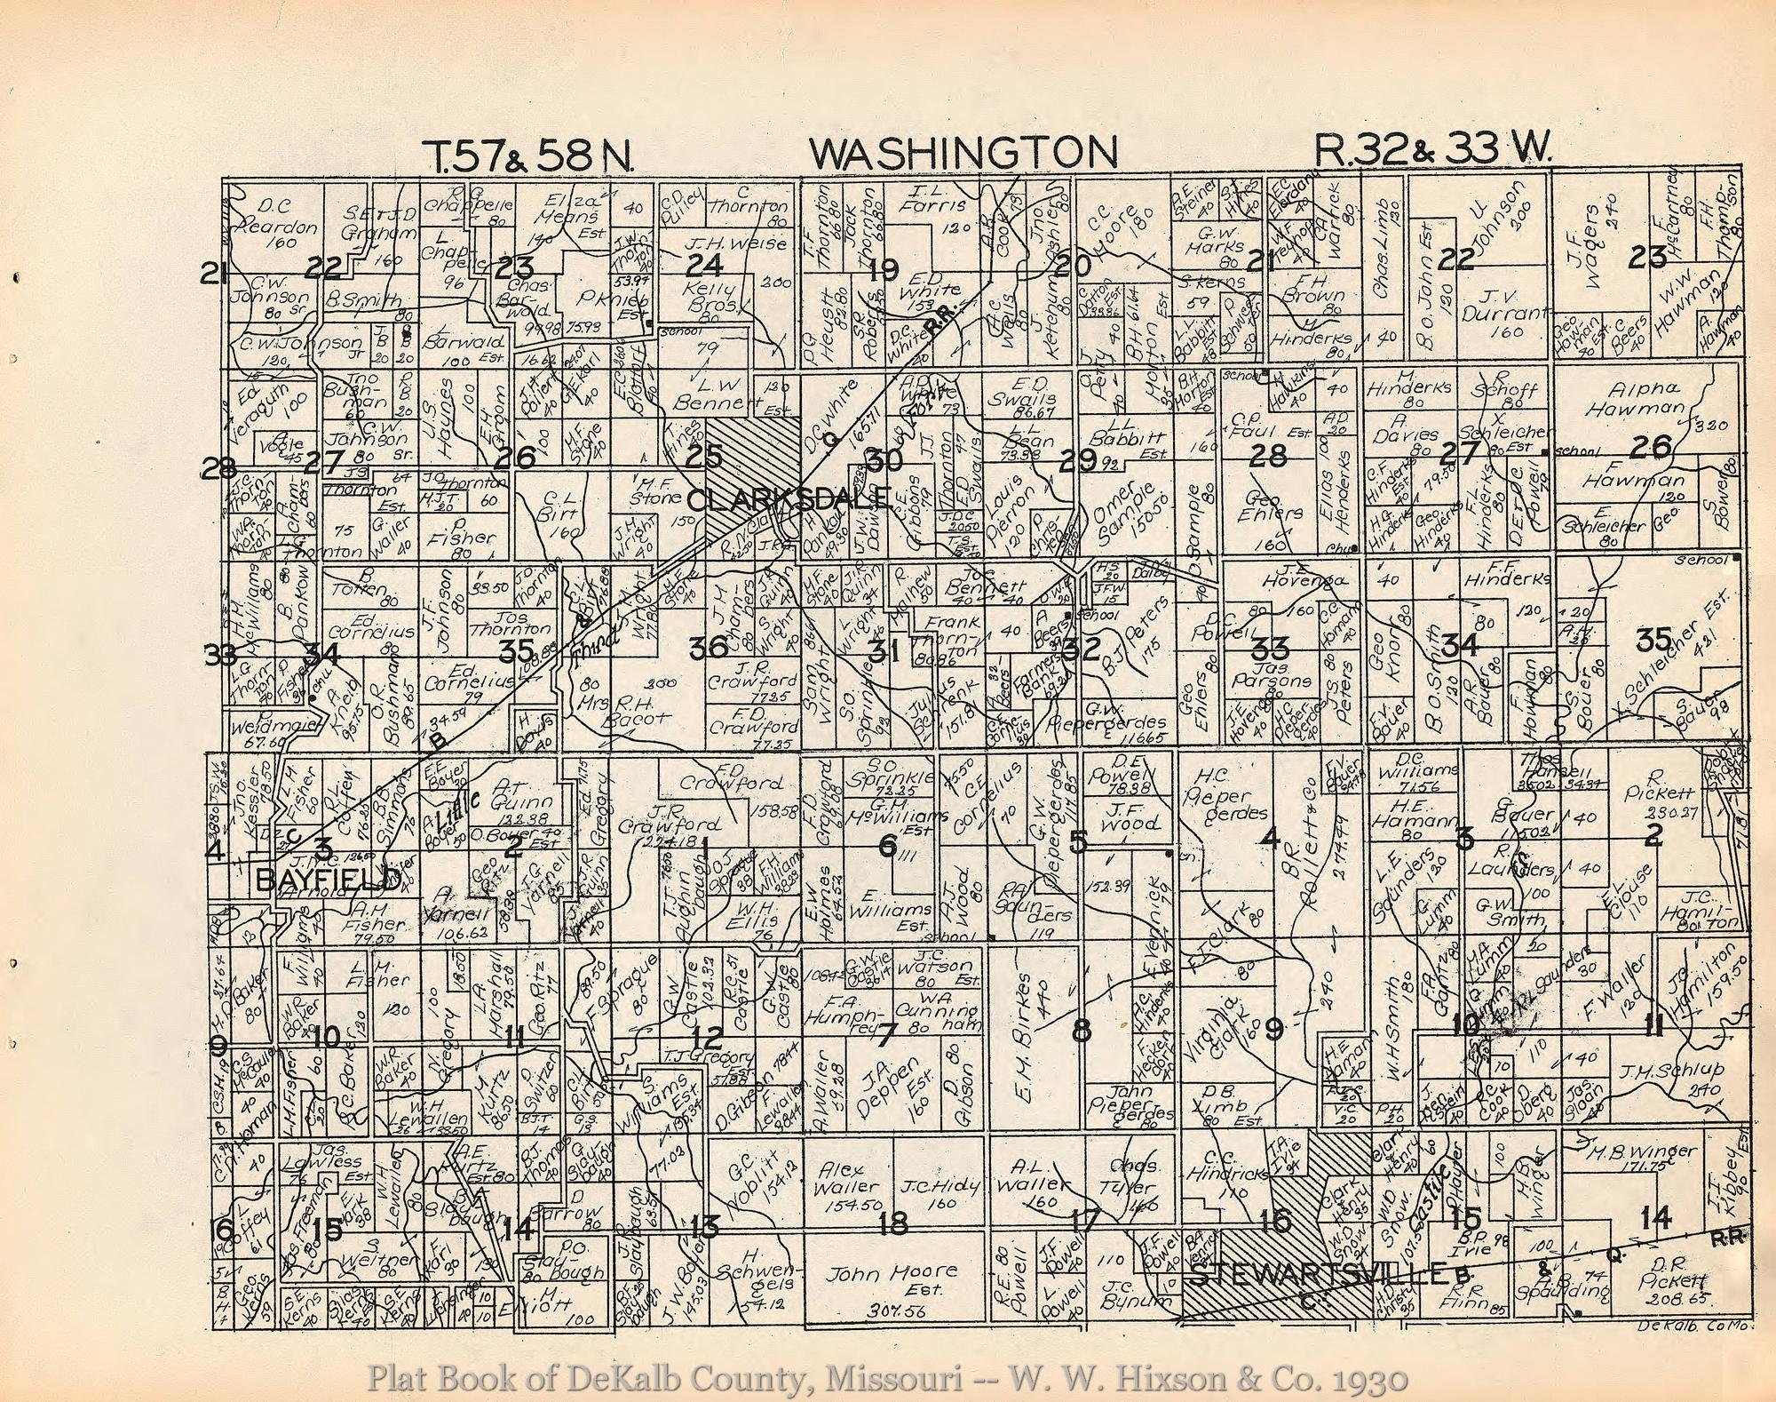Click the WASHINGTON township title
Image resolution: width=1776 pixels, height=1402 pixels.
click(x=963, y=153)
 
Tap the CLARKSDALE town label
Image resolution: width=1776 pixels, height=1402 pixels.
click(x=789, y=499)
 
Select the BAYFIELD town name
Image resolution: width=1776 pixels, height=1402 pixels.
click(x=327, y=880)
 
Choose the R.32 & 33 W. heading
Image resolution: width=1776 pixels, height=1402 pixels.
click(x=1433, y=153)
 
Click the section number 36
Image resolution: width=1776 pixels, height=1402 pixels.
click(x=708, y=650)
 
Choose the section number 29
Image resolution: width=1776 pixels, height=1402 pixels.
click(x=1077, y=460)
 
